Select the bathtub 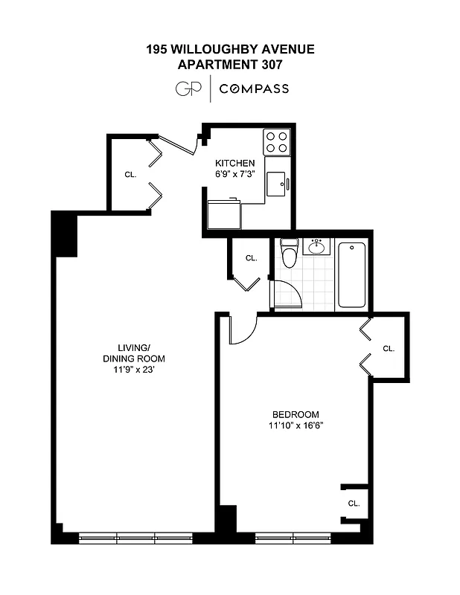point(351,274)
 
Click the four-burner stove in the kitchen point(277,141)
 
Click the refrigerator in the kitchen point(223,214)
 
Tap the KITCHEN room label point(235,163)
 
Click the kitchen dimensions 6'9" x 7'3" point(235,174)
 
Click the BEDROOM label point(296,414)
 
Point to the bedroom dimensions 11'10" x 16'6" point(296,425)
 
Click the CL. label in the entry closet point(130,174)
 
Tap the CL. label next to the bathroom point(251,258)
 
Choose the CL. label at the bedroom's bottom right point(354,504)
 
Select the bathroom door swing point(288,295)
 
